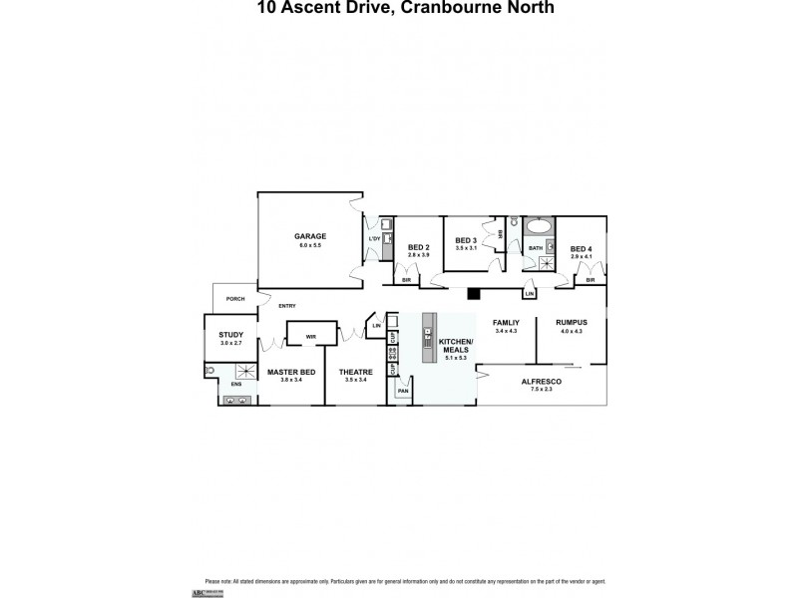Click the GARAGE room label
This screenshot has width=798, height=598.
click(x=309, y=236)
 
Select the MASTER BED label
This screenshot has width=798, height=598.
click(x=290, y=372)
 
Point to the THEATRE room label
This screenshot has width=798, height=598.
click(x=355, y=372)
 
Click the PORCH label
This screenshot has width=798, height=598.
click(x=235, y=298)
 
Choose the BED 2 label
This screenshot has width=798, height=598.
click(x=419, y=247)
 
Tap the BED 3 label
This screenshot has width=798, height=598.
click(x=466, y=240)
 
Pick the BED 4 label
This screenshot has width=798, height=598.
click(x=582, y=248)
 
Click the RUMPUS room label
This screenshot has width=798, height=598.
click(x=572, y=322)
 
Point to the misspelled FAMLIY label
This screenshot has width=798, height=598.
click(x=506, y=322)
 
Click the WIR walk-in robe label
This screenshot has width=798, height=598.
click(x=310, y=336)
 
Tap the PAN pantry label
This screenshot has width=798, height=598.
click(x=403, y=391)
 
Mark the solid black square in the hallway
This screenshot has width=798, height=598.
click(x=475, y=293)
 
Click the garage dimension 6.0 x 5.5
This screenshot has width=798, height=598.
click(x=309, y=245)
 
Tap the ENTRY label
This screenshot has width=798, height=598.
click(x=287, y=306)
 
